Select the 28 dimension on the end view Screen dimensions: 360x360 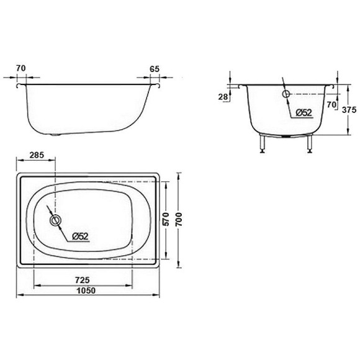[x=223, y=96]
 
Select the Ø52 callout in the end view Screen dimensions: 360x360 [x=303, y=112]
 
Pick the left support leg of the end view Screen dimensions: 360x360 [x=264, y=143]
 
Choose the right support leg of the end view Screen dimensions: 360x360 [x=308, y=143]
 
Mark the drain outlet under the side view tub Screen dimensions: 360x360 [x=57, y=133]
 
